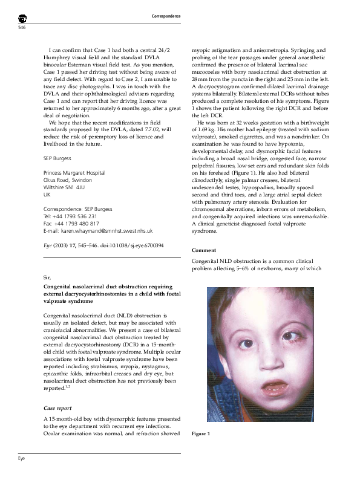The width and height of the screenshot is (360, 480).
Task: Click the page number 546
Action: tap(22, 28)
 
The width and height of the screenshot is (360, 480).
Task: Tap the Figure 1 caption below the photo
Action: tap(200, 434)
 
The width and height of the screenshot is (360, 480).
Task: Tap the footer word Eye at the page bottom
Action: tap(22, 459)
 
